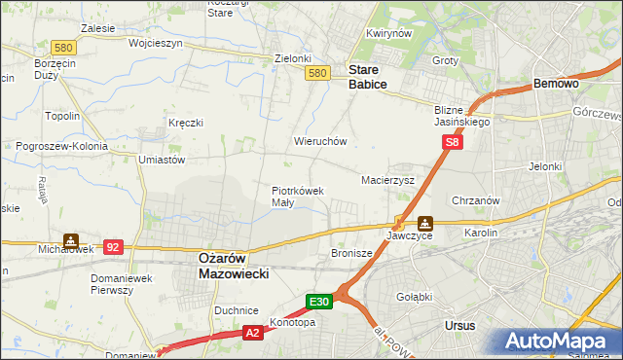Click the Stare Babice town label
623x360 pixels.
point(368,78)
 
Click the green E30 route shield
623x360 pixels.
point(321,302)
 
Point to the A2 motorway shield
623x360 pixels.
point(251,334)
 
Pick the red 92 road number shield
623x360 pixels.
point(113,247)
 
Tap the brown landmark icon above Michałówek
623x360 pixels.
point(70,238)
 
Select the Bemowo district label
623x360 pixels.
point(557,85)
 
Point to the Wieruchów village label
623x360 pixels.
point(320,141)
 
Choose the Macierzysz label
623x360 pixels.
point(388,181)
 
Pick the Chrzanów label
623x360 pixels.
point(476,200)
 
